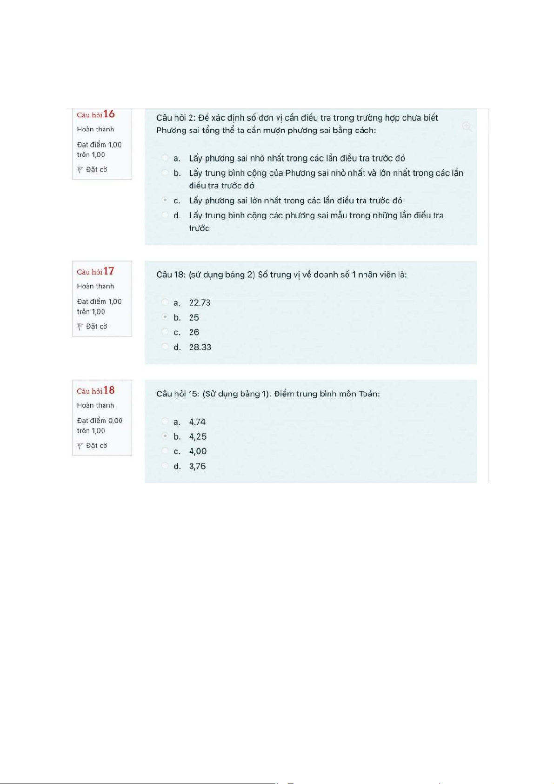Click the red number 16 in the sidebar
[x=109, y=114]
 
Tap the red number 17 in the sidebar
[x=109, y=271]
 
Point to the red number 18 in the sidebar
[x=109, y=390]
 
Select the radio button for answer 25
[x=165, y=317]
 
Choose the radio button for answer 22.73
[x=165, y=302]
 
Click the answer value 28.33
[x=200, y=347]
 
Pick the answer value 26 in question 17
[x=194, y=332]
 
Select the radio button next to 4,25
[x=165, y=436]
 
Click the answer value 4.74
[x=197, y=422]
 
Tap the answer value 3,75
[x=197, y=466]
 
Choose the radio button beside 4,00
[x=165, y=451]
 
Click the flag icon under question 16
[x=80, y=170]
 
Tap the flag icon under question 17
[x=80, y=327]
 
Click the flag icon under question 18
[x=80, y=446]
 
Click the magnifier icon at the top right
[x=467, y=127]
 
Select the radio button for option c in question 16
[x=165, y=200]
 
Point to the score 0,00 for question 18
[x=115, y=421]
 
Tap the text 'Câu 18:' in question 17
[x=171, y=275]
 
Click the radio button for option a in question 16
[x=165, y=158]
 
